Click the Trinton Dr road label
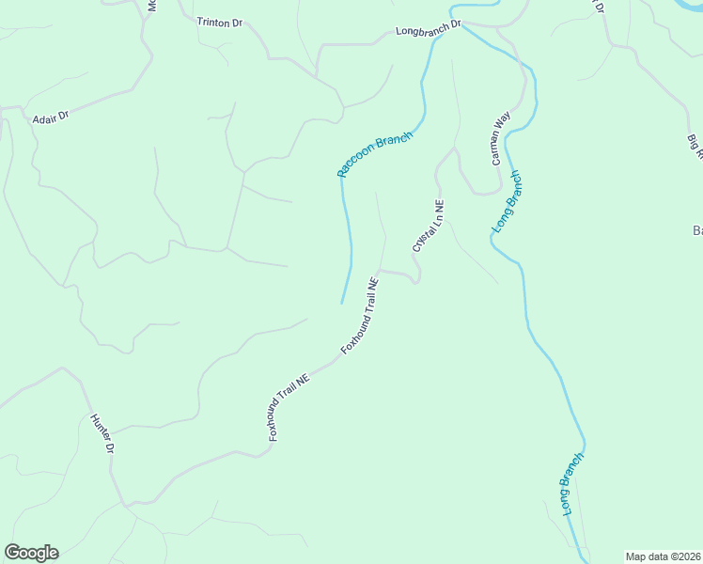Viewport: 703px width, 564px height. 220,22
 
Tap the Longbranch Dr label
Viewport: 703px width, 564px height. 430,31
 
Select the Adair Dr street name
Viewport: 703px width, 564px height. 50,119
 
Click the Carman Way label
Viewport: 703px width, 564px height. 501,138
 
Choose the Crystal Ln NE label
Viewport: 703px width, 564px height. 428,226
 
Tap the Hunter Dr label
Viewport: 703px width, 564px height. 102,434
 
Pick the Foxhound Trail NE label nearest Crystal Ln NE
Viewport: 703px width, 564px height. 360,315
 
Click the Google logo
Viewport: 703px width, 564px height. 31,553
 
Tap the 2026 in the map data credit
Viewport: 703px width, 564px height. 689,556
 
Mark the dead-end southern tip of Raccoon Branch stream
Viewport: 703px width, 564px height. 341,303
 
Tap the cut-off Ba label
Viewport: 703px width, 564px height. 697,230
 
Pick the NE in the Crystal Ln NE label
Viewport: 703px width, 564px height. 439,206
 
